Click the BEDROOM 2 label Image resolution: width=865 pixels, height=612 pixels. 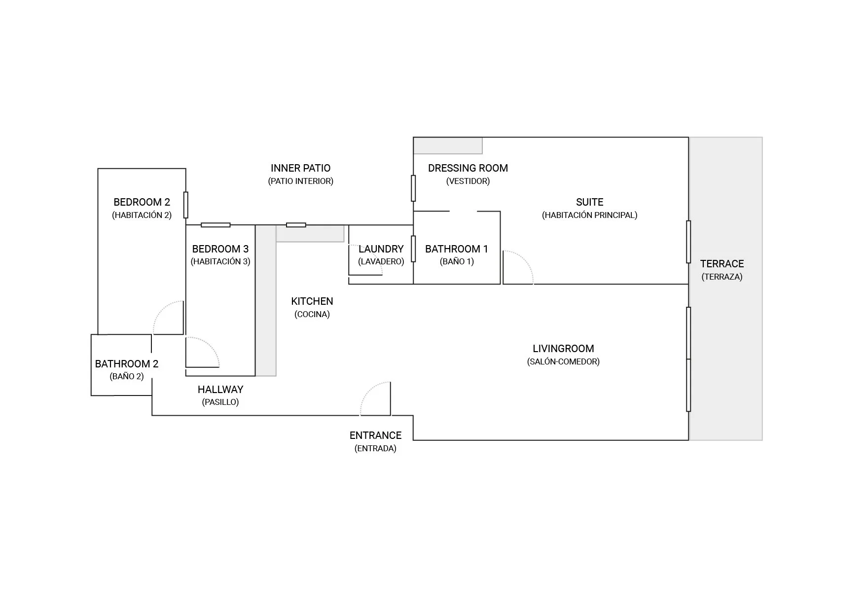(x=142, y=202)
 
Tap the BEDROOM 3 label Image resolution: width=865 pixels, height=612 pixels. (x=220, y=249)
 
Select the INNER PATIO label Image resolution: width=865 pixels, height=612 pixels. (x=300, y=168)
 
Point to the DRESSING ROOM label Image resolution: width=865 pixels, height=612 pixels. (x=468, y=168)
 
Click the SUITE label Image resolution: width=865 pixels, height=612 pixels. (x=589, y=202)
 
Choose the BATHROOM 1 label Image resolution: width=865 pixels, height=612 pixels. (x=456, y=249)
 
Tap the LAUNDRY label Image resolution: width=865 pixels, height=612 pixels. (x=381, y=249)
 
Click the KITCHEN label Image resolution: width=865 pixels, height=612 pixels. (x=312, y=301)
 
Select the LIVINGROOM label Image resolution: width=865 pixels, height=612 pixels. (x=563, y=349)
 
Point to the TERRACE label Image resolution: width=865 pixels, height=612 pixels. (x=721, y=264)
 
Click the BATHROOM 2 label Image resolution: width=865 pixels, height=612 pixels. (x=127, y=364)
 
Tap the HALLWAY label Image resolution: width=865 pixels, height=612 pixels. (x=220, y=390)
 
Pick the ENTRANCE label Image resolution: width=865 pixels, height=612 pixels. (x=375, y=435)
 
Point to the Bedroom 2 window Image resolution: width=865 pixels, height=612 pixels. (x=186, y=205)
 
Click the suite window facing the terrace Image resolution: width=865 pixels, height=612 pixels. (x=688, y=242)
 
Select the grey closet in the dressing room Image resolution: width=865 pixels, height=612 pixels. (x=448, y=146)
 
